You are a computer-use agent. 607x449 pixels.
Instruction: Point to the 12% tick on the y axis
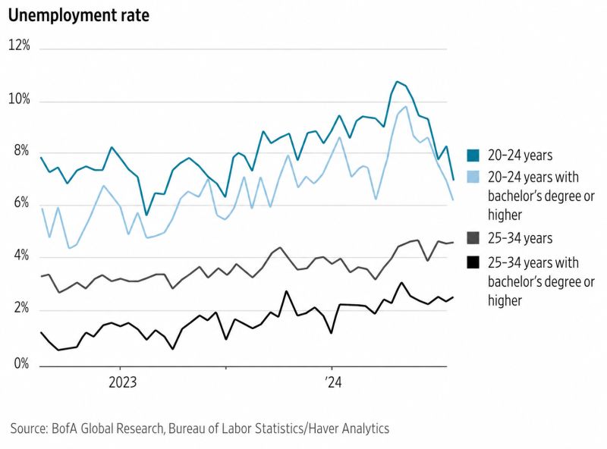[x=19, y=46]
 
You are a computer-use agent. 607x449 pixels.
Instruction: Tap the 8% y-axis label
[x=20, y=151]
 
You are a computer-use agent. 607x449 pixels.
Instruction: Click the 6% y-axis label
[x=20, y=204]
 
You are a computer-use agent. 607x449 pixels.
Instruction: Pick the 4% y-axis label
[x=20, y=257]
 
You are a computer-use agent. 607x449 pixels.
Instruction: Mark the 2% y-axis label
[x=20, y=309]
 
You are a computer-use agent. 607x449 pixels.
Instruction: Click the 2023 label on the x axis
[x=121, y=381]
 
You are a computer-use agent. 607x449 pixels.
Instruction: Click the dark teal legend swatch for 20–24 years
[x=473, y=155]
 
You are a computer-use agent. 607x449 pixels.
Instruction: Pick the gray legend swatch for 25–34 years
[x=473, y=238]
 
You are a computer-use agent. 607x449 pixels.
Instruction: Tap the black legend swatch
[x=473, y=262]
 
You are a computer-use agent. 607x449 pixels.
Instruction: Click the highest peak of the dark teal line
[x=397, y=81]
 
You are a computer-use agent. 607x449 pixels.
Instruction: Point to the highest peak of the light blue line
[x=406, y=106]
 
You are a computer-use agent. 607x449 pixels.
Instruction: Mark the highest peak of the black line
[x=401, y=283]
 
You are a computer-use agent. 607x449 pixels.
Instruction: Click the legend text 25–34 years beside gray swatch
[x=521, y=238]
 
